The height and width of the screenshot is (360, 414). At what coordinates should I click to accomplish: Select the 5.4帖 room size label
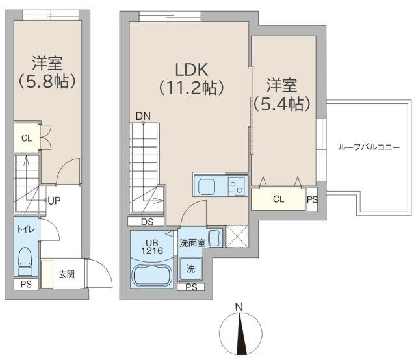281,103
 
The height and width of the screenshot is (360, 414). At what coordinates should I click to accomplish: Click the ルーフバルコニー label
369,147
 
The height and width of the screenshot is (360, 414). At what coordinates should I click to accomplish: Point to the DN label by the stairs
143,117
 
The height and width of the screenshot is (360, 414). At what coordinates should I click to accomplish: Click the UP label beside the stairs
54,201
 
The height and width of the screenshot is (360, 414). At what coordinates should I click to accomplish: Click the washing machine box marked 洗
191,268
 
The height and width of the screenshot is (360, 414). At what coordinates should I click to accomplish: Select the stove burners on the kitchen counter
235,186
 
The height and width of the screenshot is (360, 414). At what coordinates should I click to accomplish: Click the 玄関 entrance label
66,274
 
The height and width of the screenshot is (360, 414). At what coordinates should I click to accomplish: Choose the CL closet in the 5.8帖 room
26,138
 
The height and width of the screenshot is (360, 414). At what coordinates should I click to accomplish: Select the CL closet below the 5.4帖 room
278,199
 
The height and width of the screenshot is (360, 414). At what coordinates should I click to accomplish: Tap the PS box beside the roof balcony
312,199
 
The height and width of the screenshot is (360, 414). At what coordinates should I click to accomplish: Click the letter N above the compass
239,307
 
